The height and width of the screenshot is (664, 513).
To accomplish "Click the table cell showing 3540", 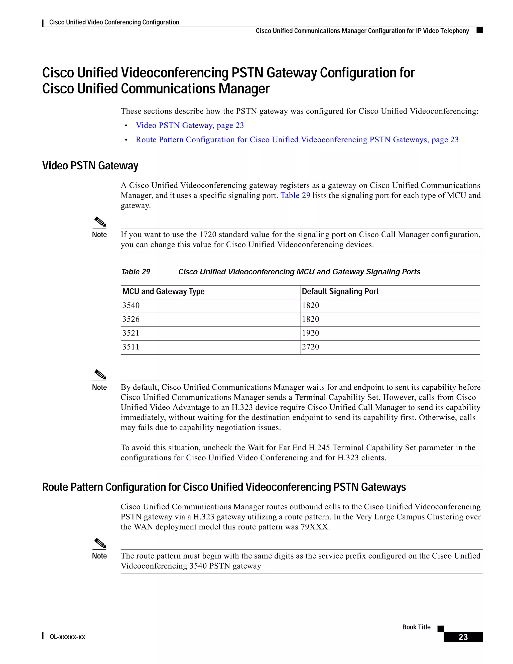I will (131, 305).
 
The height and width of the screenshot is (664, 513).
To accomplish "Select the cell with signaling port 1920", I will (310, 333).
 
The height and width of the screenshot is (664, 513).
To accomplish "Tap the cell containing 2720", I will (310, 347).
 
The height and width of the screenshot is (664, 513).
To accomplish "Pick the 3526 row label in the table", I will (131, 319).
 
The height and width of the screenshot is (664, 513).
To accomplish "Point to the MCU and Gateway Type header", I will (163, 292).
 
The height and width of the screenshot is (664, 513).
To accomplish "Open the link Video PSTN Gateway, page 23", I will (190, 125).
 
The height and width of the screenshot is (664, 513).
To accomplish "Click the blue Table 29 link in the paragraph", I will (295, 195).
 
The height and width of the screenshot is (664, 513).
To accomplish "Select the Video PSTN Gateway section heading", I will (90, 166).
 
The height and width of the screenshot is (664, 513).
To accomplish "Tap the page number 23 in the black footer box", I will (463, 637).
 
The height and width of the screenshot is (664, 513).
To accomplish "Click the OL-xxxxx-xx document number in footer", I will (67, 637).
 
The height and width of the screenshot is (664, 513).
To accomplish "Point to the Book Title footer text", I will (416, 627).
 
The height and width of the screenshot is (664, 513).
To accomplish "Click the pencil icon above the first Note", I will (100, 222).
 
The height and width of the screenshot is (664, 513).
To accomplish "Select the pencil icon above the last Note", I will (100, 543).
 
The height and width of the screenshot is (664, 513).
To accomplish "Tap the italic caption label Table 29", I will (136, 272).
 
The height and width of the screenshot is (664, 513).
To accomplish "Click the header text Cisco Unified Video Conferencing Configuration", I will (114, 22).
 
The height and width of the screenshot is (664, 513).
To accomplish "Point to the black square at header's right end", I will (480, 30).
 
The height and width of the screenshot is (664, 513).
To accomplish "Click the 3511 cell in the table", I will (131, 347).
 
